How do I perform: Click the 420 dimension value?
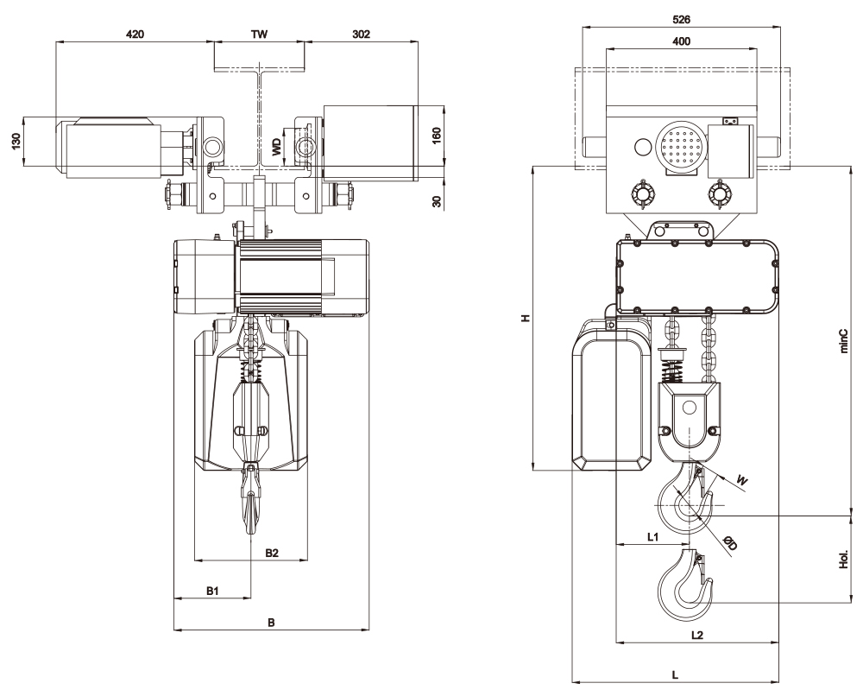135,35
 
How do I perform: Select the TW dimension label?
259,35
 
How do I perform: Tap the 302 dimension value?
361,35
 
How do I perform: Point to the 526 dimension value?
682,20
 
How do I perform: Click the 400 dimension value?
682,41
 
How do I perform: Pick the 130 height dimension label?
16,141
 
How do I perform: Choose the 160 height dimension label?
437,135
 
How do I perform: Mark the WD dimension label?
277,147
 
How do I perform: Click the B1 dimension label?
213,591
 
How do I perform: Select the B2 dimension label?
272,553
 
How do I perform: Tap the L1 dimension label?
652,537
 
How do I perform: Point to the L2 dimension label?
696,635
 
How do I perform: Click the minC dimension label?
846,341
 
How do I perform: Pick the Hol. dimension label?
844,560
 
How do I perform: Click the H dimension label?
526,318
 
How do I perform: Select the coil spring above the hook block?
671,370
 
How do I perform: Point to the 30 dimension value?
437,201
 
